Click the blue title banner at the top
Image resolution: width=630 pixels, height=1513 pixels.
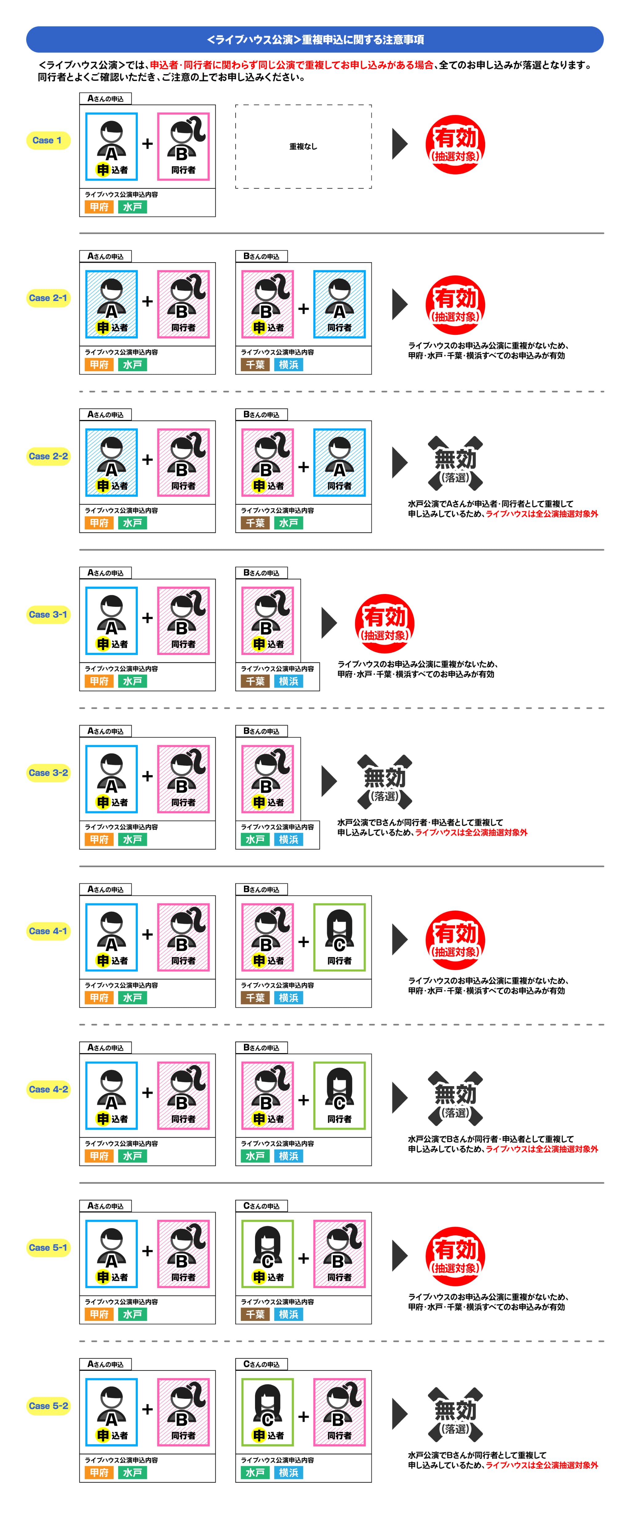click(x=315, y=39)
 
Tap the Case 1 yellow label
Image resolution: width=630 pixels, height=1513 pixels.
click(x=48, y=140)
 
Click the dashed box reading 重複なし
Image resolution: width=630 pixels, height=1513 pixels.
click(x=304, y=146)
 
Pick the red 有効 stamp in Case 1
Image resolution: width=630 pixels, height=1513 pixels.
click(x=455, y=144)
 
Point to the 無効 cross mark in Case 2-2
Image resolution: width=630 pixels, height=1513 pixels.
click(x=455, y=464)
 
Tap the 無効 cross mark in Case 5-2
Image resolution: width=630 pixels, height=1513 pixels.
click(x=455, y=1415)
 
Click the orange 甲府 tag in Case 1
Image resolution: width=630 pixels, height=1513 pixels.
click(x=99, y=207)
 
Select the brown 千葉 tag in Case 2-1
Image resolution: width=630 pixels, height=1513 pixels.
click(x=255, y=365)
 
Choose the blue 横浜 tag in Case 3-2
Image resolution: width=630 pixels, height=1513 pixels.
click(x=288, y=839)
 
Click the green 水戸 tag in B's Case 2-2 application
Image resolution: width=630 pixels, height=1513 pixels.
click(x=288, y=523)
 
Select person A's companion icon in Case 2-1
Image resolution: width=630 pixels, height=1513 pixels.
click(x=339, y=304)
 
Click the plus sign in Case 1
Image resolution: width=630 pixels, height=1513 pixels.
click(x=147, y=143)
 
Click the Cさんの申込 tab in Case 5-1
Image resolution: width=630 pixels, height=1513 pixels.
click(x=261, y=1206)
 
